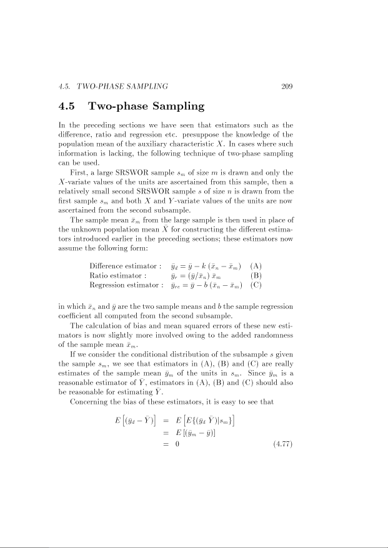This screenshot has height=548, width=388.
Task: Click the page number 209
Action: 287,86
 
